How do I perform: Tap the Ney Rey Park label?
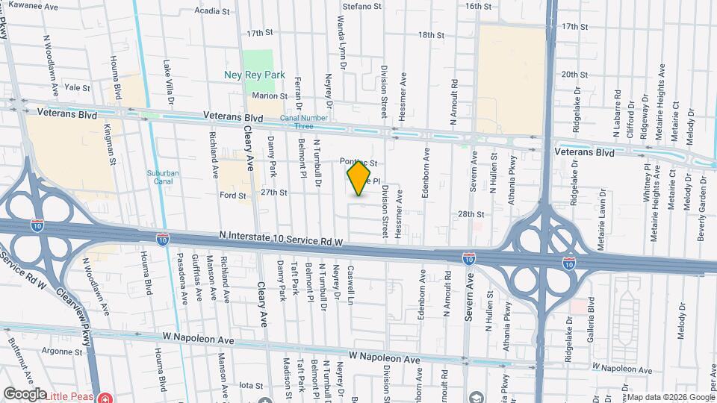255,75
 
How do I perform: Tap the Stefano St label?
362,6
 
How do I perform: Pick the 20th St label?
575,75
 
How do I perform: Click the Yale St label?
77,87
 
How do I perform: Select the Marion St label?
270,96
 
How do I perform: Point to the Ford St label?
233,196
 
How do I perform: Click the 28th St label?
471,214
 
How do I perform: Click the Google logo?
25,393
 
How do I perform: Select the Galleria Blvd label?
591,316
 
